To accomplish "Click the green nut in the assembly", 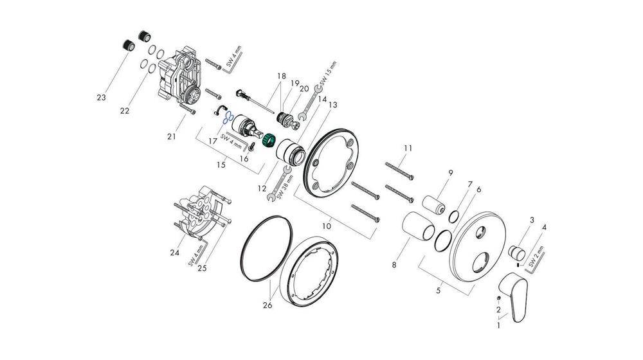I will coord(269,138).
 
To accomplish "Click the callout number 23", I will coord(100,98).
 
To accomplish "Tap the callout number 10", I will coord(327,226).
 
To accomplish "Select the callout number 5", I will coord(439,291).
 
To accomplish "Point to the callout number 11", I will coord(407,148).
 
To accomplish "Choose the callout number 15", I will coord(221,165).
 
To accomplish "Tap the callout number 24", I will coord(174,253).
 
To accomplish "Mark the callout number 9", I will coord(450,173).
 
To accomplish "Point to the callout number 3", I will coord(532,221).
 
